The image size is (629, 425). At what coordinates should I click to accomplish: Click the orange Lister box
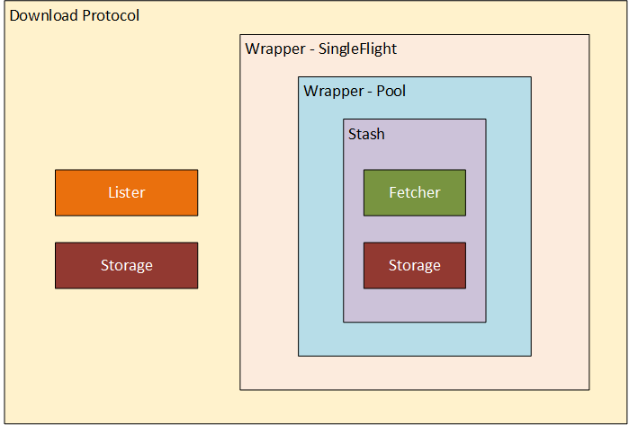[126, 192]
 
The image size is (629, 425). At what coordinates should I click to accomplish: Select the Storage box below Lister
[126, 265]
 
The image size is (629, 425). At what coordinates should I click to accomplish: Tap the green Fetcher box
[414, 192]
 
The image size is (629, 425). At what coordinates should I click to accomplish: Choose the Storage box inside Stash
[414, 265]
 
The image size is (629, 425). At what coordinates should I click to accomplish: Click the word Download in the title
[43, 16]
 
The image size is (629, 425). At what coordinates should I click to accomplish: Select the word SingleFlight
[357, 49]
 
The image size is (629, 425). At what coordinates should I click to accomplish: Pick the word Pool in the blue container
[391, 91]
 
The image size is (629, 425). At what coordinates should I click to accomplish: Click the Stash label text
[366, 134]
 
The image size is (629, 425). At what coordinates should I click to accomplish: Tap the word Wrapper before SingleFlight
[274, 49]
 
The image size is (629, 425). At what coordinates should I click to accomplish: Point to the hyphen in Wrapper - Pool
[369, 92]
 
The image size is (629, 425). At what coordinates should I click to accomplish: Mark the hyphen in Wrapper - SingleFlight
[310, 49]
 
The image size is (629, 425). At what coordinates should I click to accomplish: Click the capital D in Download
[14, 16]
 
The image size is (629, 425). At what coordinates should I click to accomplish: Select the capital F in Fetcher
[392, 192]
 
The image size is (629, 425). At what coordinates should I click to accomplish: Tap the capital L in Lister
[111, 192]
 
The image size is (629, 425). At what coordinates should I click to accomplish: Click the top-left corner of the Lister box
[56, 170]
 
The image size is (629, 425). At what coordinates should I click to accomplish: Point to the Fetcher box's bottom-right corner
[465, 215]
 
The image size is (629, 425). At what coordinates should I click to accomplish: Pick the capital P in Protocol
[86, 16]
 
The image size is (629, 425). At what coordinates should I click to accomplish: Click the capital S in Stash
[352, 134]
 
